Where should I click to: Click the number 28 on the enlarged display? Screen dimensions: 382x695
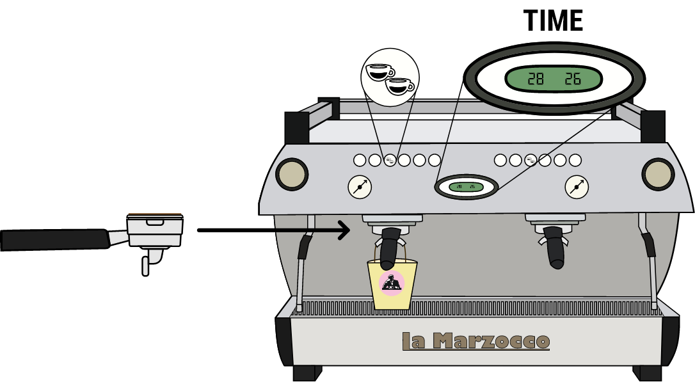tap(535, 79)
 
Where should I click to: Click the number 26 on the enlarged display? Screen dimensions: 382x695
tap(572, 79)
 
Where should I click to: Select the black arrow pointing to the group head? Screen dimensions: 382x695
tap(313, 230)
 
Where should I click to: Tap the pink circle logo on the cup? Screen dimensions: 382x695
tap(392, 283)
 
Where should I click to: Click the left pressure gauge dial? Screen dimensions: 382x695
tap(360, 187)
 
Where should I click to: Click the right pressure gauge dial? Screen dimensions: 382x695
tap(577, 187)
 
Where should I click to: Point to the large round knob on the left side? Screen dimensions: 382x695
tap(292, 174)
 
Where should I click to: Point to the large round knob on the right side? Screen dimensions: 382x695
tap(658, 174)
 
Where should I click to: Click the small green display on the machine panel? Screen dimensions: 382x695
tap(466, 187)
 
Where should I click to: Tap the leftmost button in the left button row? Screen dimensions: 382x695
tap(360, 160)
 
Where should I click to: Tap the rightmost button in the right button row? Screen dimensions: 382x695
tap(575, 160)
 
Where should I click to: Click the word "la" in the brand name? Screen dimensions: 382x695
tap(413, 341)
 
